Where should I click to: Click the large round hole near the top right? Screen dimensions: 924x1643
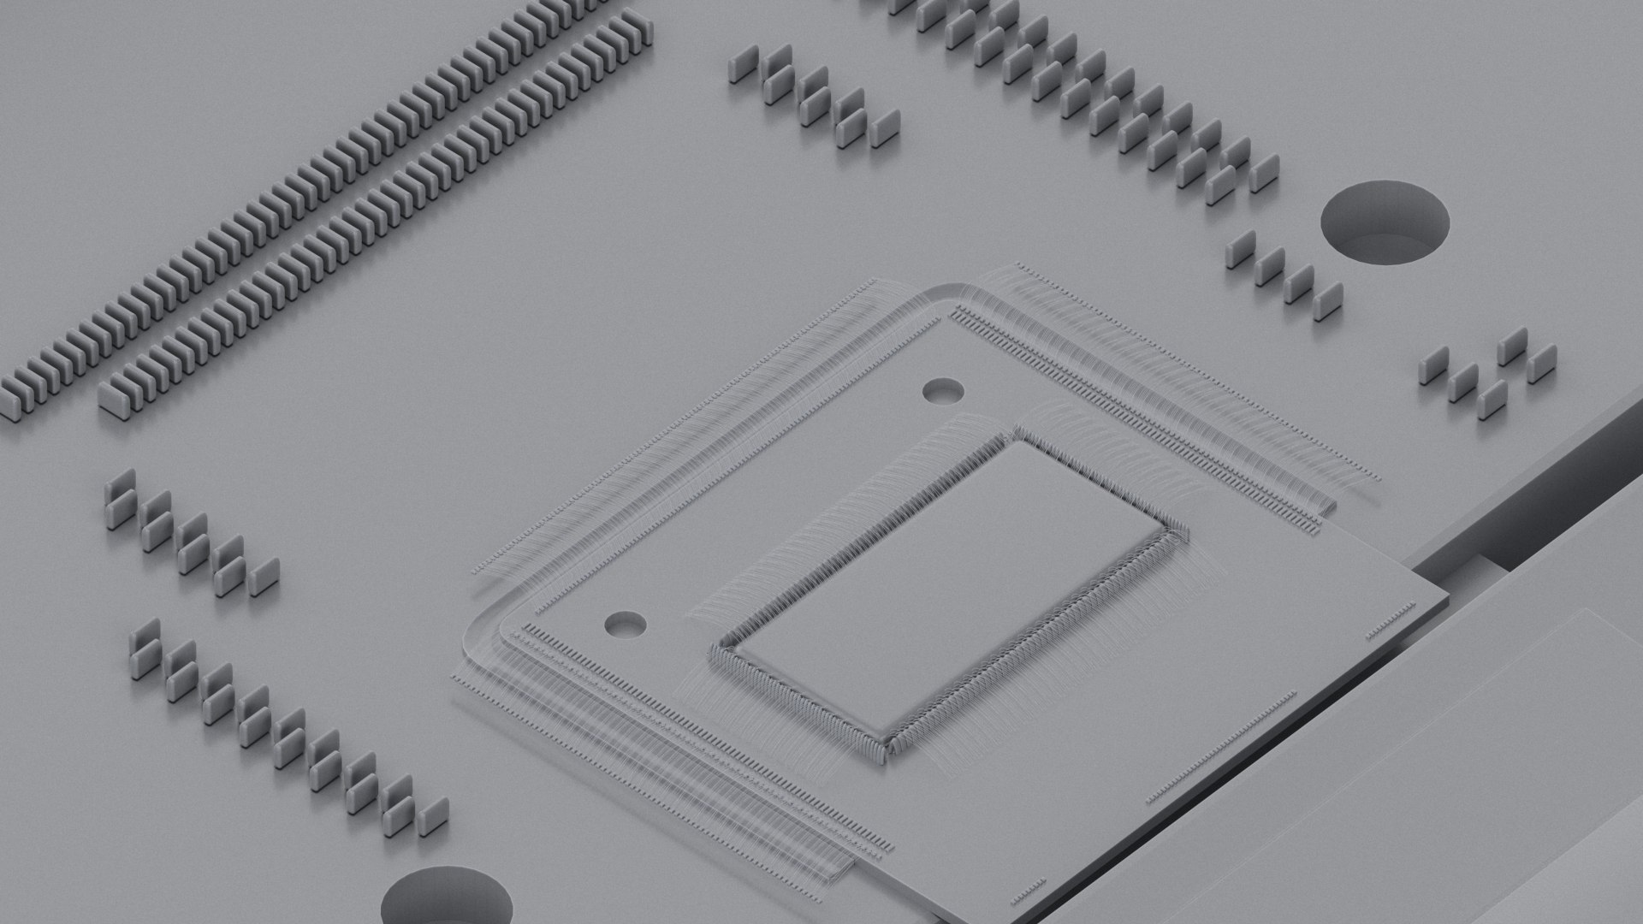1385,221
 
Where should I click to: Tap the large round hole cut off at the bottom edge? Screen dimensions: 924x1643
447,898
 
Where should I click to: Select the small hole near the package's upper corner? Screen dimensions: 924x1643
943,392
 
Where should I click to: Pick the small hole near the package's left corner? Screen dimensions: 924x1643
625,624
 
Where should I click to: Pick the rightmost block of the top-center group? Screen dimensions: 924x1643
885,127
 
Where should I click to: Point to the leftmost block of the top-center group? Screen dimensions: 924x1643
742,65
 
